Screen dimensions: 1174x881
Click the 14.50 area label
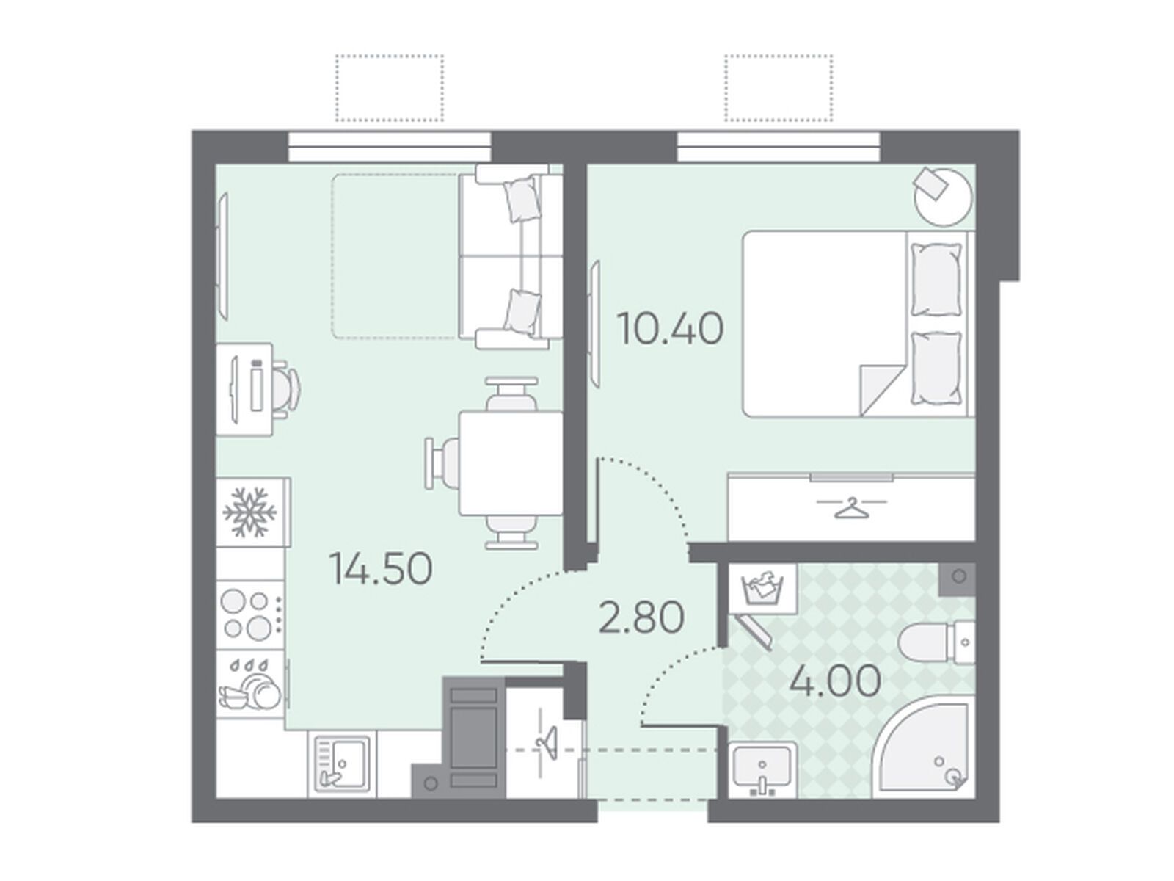pos(381,568)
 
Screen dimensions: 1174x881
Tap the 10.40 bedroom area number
pos(670,329)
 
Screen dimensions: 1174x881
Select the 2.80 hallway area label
pos(641,617)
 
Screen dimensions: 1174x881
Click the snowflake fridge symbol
pos(249,512)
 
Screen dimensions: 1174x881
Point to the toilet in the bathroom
pos(937,642)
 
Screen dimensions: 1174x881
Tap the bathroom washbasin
pos(762,769)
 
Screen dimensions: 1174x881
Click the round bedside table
pos(943,196)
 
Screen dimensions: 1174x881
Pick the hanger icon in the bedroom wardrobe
pos(851,507)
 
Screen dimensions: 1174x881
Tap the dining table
pos(511,463)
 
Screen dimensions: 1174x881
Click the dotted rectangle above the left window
pos(390,87)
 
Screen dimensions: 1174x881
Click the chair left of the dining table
pos(442,463)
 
